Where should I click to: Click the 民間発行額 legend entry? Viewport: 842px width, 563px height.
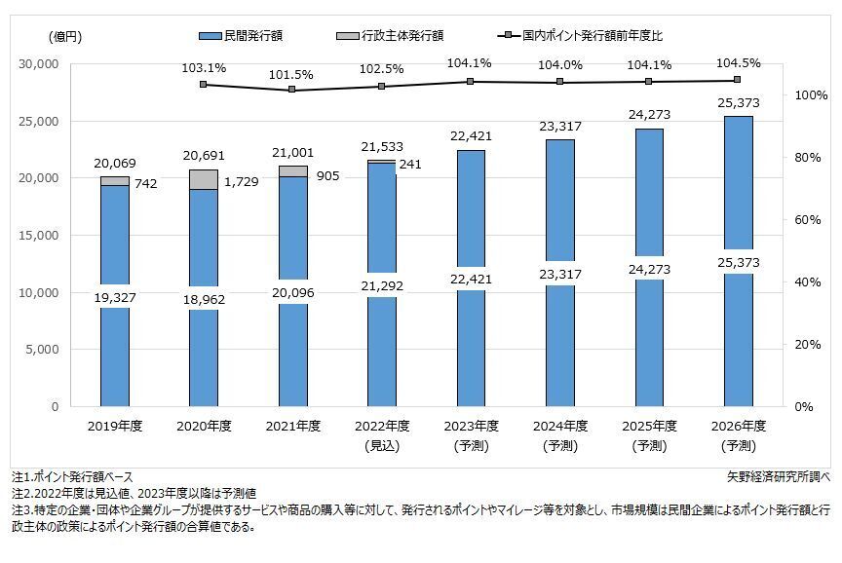[240, 36]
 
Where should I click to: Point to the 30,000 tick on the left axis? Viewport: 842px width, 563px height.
[40, 64]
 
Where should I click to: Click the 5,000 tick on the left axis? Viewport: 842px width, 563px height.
[44, 350]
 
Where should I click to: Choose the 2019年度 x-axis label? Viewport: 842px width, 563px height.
[115, 427]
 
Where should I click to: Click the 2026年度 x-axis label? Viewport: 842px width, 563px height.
[739, 427]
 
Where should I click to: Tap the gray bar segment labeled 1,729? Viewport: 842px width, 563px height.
[204, 179]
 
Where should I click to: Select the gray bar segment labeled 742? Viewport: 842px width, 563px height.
[115, 181]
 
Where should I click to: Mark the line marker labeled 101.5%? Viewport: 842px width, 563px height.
[291, 91]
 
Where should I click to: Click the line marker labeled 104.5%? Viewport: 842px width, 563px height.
[737, 80]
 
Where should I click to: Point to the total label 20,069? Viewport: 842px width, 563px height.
[115, 163]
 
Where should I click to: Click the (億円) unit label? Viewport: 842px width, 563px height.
[65, 37]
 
